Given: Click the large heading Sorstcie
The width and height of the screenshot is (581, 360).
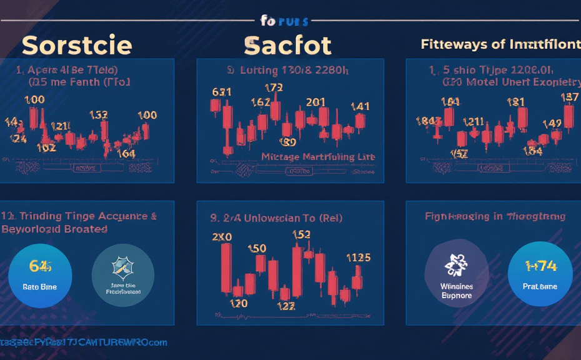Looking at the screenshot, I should (x=77, y=45).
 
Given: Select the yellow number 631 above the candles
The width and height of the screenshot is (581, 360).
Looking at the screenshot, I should (x=222, y=92).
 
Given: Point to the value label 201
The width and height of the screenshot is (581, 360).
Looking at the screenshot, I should (x=315, y=102).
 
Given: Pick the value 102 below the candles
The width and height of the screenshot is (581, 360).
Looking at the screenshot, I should (x=46, y=148).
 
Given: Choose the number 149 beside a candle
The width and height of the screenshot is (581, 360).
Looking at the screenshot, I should (x=552, y=123).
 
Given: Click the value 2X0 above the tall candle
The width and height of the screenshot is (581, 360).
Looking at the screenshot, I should (x=222, y=237).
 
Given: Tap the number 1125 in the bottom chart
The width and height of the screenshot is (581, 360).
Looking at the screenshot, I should (x=358, y=257).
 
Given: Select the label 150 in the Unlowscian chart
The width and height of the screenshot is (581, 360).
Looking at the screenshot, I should (x=257, y=248).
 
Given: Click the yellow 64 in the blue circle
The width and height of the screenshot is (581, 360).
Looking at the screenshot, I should (x=41, y=266).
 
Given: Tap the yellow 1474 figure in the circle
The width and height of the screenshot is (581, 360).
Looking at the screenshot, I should (x=540, y=265).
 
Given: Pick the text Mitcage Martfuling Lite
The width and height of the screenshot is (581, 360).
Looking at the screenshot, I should (x=318, y=156).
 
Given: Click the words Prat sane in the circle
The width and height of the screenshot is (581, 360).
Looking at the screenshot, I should (x=540, y=286).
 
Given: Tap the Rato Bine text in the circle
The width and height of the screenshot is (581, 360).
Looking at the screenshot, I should (x=40, y=287).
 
